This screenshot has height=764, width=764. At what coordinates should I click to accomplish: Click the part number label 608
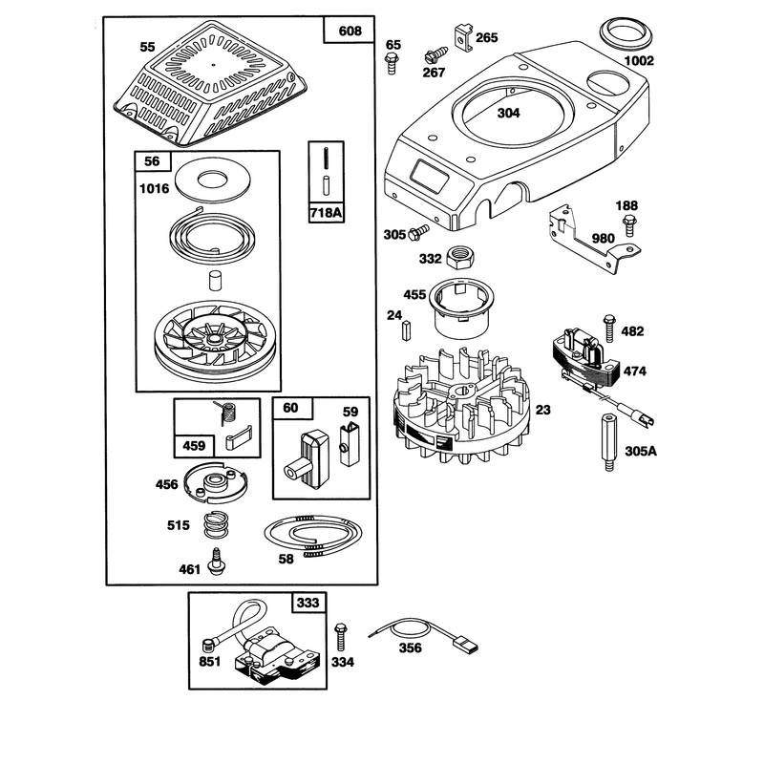[x=350, y=32]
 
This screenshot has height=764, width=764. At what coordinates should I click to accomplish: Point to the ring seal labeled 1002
[x=626, y=33]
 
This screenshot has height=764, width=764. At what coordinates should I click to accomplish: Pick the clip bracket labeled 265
[x=464, y=37]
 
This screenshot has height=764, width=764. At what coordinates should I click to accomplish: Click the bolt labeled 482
[x=609, y=328]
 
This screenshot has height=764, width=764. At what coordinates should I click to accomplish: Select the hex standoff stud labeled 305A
[x=608, y=442]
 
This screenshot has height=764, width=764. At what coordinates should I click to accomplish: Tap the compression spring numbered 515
[x=216, y=524]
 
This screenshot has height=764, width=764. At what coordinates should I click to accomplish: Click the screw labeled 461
[x=216, y=562]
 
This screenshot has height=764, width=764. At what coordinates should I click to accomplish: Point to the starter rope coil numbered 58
[x=312, y=535]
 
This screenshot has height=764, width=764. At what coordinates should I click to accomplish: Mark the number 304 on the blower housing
[x=508, y=113]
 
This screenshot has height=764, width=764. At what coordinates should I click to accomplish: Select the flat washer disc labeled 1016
[x=213, y=179]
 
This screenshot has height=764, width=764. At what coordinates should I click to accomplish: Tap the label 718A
[x=326, y=212]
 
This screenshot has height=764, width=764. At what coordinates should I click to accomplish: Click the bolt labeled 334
[x=340, y=636]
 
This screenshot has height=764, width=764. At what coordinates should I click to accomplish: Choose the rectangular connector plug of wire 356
[x=465, y=647]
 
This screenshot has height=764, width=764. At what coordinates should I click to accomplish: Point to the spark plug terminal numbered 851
[x=208, y=647]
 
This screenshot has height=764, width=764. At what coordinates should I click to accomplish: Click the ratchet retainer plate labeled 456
[x=215, y=482]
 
